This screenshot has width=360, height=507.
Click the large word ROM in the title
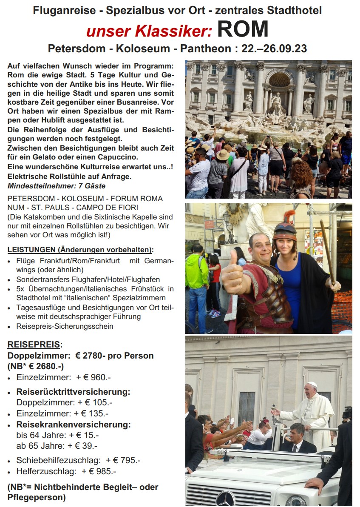(243, 30)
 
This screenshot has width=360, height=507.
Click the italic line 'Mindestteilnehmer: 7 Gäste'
(57, 186)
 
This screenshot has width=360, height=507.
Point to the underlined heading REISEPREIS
(35, 345)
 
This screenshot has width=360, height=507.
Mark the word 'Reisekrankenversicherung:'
(73, 424)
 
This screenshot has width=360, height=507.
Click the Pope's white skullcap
(312, 385)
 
